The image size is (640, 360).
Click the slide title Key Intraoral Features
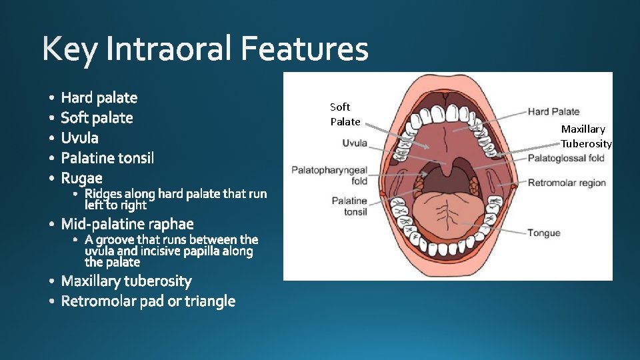[x=205, y=49]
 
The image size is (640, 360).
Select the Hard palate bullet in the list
[x=99, y=98]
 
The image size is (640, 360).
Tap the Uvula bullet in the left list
[x=79, y=138]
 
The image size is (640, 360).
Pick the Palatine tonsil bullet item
[x=107, y=158]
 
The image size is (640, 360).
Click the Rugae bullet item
[x=81, y=178]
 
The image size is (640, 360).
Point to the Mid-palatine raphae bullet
[x=127, y=223]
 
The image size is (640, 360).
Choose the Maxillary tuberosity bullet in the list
[x=126, y=281]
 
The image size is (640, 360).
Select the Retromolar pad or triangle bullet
[x=148, y=301]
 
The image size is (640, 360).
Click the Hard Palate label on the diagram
[x=553, y=111]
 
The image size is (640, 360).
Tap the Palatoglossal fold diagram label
[x=565, y=158]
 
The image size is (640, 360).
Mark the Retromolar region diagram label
[x=567, y=183]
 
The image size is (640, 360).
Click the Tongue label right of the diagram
[x=543, y=233]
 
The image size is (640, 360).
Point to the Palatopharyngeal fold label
[x=329, y=175]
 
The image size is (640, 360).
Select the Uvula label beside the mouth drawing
[x=355, y=143]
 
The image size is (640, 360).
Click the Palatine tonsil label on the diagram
[x=349, y=206]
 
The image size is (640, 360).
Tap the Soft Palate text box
[x=345, y=114]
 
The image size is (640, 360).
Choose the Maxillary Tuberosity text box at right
[x=585, y=136]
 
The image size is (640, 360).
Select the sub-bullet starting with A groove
[x=171, y=251]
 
